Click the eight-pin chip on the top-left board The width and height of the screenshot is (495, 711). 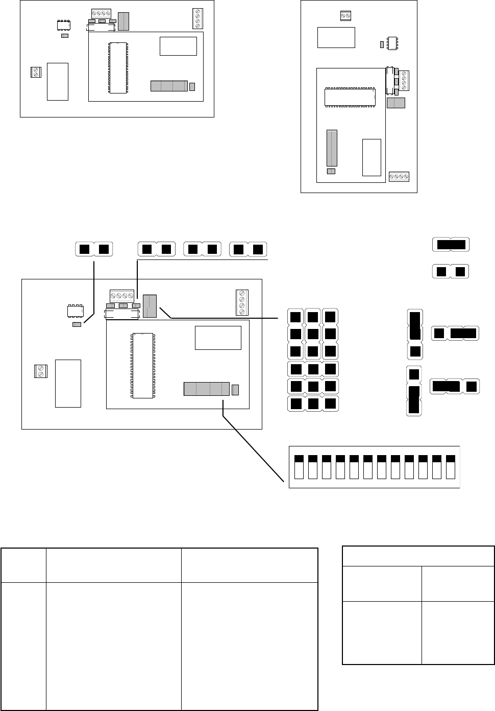click(x=63, y=26)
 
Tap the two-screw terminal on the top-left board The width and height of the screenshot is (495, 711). click(x=35, y=72)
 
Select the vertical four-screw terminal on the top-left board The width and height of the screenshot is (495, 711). click(x=197, y=18)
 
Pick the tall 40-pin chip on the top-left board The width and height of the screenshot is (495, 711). click(x=117, y=67)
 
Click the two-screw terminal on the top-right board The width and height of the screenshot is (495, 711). click(x=345, y=16)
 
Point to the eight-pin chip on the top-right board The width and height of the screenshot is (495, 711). click(x=393, y=43)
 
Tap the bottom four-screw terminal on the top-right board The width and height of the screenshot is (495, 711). click(x=399, y=176)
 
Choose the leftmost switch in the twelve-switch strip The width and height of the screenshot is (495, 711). click(x=300, y=466)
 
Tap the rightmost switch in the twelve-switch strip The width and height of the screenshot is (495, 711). click(x=451, y=466)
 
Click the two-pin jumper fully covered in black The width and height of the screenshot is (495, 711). click(x=450, y=244)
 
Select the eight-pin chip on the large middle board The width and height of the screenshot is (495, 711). click(x=76, y=311)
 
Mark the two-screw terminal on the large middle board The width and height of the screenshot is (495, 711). click(x=40, y=371)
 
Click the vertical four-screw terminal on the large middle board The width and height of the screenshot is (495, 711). click(x=242, y=302)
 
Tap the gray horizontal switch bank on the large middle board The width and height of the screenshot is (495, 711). click(x=207, y=389)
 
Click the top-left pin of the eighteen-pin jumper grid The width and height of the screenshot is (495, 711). click(x=295, y=317)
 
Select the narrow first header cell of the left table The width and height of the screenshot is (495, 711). click(x=23, y=565)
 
